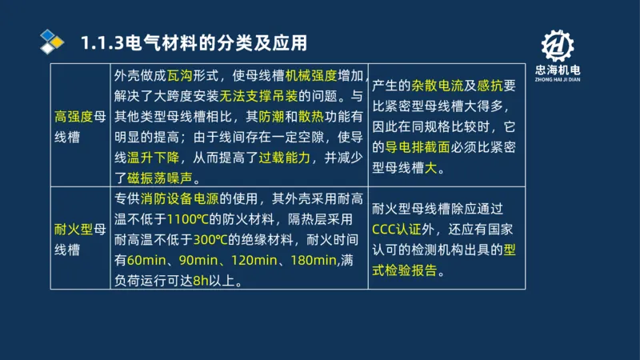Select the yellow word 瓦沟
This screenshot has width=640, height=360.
pyautogui.click(x=180, y=78)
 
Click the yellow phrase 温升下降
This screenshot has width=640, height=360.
pyautogui.click(x=154, y=158)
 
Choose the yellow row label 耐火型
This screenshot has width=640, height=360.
pyautogui.click(x=74, y=230)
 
